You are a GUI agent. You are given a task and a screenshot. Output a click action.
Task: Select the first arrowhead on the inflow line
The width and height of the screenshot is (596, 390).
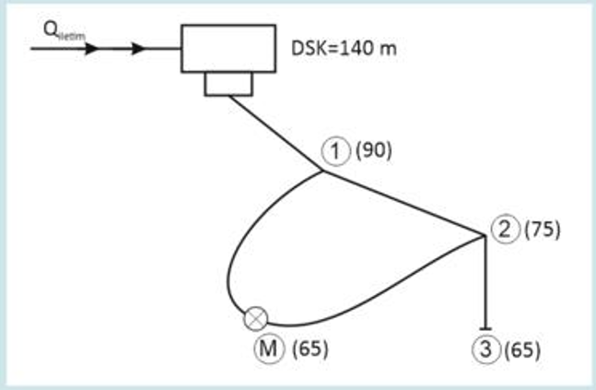91,48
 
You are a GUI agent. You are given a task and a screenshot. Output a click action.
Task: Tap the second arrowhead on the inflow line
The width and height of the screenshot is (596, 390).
138,48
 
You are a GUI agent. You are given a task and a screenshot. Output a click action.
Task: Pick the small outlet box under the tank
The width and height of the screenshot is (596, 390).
228,84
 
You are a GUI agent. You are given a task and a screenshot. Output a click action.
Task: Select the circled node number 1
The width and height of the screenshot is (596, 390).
338,150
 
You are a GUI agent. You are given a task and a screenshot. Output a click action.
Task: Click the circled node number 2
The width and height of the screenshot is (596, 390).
505,229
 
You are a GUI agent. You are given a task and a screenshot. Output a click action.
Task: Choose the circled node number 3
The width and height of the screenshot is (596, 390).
485,349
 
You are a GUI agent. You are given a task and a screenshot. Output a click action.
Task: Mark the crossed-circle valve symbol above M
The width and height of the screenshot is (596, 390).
255,319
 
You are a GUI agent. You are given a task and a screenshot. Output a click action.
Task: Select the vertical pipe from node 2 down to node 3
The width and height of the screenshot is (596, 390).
485,281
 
